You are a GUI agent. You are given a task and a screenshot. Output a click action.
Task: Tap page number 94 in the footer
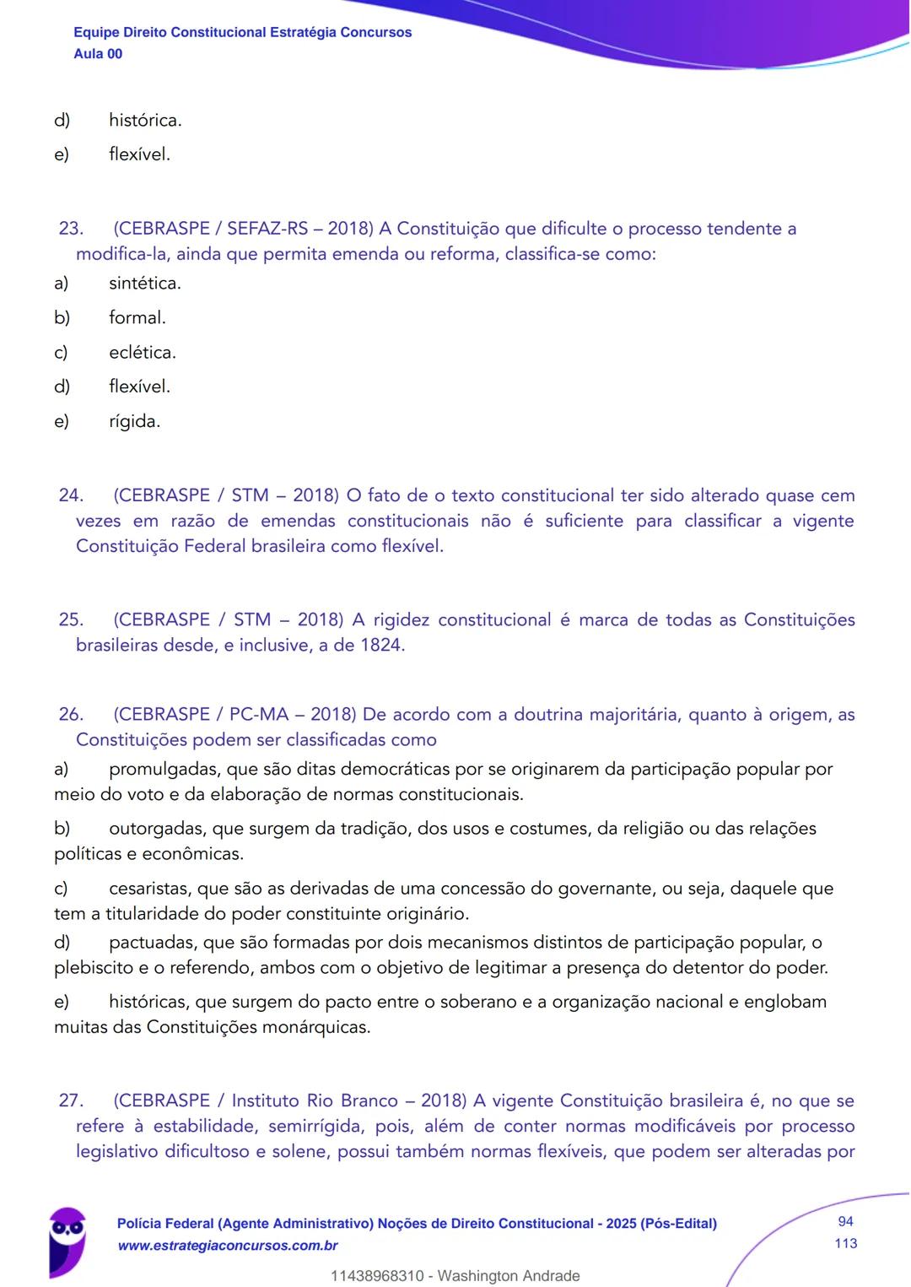(x=845, y=1221)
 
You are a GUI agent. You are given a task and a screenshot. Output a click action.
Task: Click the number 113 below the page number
(x=845, y=1243)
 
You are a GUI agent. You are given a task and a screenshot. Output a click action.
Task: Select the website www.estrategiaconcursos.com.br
(x=228, y=1246)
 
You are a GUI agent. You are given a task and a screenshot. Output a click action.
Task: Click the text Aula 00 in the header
(x=98, y=54)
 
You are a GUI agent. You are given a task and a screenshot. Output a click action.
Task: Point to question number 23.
(x=71, y=229)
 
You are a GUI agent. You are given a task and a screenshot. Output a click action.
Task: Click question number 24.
(x=71, y=495)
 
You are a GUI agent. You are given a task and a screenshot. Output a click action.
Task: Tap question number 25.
(x=71, y=619)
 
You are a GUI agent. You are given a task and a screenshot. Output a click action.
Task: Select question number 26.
(x=71, y=714)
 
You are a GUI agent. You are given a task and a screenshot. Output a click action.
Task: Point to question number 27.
(x=71, y=1100)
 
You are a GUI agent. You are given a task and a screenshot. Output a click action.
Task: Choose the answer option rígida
(x=134, y=421)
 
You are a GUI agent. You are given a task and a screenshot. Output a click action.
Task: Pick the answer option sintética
(x=144, y=284)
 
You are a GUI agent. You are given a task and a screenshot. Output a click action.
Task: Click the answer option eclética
(x=142, y=353)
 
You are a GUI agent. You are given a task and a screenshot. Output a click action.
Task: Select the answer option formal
(x=137, y=318)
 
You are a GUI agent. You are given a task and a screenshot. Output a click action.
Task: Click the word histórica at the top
(x=144, y=121)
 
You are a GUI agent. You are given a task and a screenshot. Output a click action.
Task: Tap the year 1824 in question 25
(x=381, y=646)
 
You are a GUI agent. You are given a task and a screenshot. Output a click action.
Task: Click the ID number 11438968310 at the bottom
(x=377, y=1276)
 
